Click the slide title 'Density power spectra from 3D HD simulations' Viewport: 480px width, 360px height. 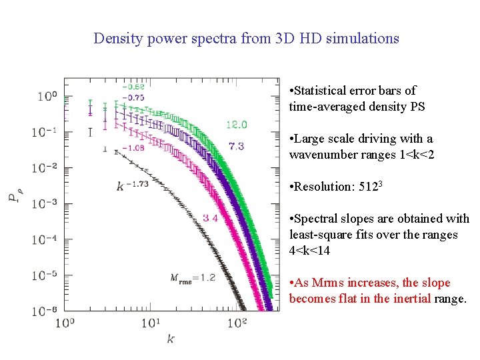click(246, 38)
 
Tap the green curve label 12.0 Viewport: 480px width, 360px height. click(236, 125)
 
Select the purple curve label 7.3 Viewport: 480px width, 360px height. click(236, 146)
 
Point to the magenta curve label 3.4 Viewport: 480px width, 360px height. click(211, 218)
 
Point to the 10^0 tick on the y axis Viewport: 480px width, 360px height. click(47, 96)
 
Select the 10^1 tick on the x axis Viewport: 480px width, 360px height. click(151, 323)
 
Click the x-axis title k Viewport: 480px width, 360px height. click(171, 339)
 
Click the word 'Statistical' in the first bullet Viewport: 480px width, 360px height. click(323, 91)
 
